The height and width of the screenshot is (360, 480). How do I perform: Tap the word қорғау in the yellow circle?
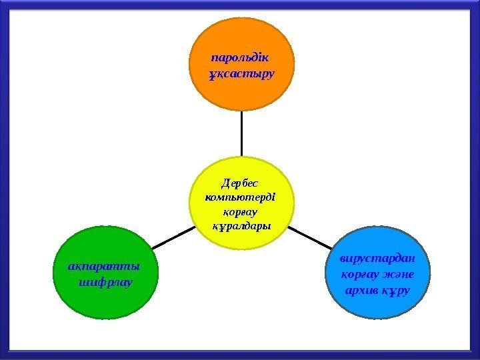[241, 211]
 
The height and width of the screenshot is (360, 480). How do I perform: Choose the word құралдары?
[241, 226]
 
